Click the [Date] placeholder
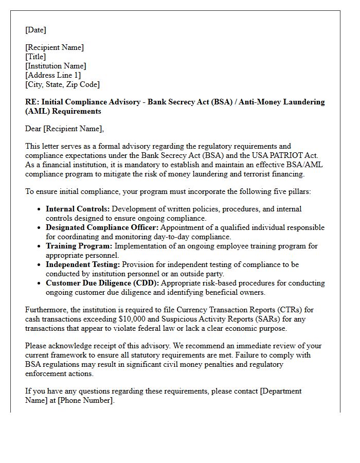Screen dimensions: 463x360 coord(35,30)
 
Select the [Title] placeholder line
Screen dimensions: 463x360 coord(35,57)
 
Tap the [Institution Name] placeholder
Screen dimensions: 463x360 coord(56,66)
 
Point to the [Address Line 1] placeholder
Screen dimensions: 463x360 coord(53,75)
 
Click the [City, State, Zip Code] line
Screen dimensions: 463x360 coord(62,84)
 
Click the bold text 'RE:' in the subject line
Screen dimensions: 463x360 coord(32,102)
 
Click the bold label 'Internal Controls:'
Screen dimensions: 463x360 coord(78,209)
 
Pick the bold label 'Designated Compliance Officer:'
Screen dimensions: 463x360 coord(101,227)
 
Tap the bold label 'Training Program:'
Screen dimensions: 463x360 coord(79,246)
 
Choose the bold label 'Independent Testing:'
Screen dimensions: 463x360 coord(83,264)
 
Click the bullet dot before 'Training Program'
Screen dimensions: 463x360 coord(40,246)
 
